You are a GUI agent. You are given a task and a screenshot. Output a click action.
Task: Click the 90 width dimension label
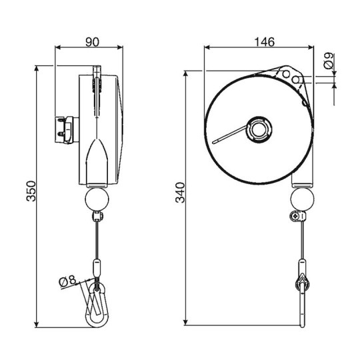tap(93, 42)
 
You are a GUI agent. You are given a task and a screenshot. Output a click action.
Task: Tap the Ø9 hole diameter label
tap(328, 65)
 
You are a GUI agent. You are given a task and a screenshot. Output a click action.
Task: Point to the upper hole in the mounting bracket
tap(287, 73)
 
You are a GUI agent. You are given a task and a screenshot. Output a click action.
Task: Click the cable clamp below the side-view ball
tap(98, 217)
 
